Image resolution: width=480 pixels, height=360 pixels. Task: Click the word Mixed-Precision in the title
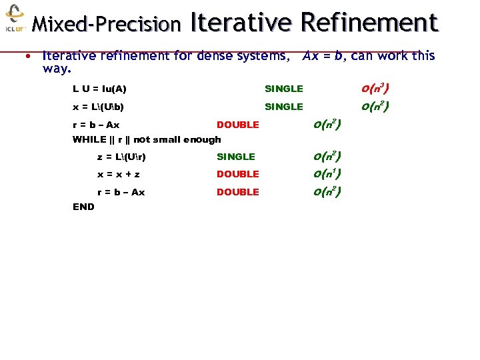pyautogui.click(x=107, y=25)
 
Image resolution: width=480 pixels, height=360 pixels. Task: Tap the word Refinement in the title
pyautogui.click(x=369, y=23)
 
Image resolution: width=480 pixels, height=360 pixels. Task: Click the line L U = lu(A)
pyautogui.click(x=99, y=89)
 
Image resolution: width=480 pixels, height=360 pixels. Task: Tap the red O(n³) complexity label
pyautogui.click(x=375, y=88)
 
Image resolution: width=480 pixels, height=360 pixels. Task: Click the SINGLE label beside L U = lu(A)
pyautogui.click(x=283, y=89)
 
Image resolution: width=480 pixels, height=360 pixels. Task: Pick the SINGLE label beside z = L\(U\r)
pyautogui.click(x=236, y=157)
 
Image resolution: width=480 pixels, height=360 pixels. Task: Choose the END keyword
pyautogui.click(x=83, y=207)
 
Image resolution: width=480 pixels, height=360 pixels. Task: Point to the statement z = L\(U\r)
pyautogui.click(x=121, y=157)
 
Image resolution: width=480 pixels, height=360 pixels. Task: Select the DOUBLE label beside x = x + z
pyautogui.click(x=238, y=174)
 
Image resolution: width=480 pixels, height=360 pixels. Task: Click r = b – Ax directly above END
pyautogui.click(x=121, y=192)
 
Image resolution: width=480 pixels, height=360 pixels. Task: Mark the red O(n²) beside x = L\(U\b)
pyautogui.click(x=375, y=106)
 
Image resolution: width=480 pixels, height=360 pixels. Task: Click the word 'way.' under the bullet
pyautogui.click(x=56, y=68)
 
